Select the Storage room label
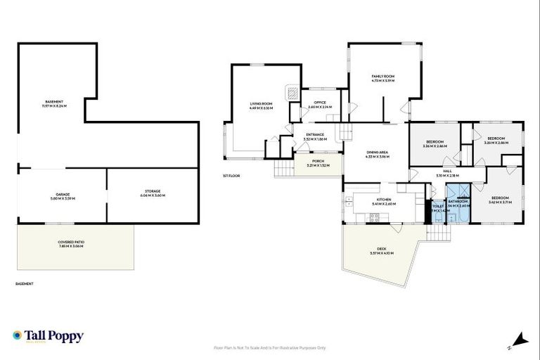coord(153,193)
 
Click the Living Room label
coord(260,105)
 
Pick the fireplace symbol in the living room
coord(290,91)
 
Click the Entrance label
coord(314,136)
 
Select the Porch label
coord(319,164)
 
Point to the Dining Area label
coord(378,154)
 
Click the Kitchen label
coord(383,202)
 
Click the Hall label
coord(447,173)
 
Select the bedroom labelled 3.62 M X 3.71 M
coord(500,200)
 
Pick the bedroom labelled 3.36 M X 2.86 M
coord(435,144)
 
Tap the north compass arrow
coord(520,340)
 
